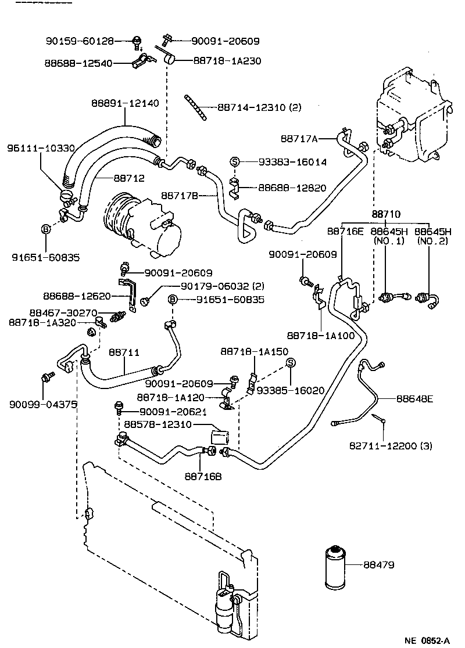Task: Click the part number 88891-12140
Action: click(124, 103)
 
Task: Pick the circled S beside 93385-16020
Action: click(291, 363)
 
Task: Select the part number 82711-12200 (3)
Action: click(391, 446)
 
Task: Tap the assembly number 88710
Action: click(385, 215)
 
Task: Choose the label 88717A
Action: click(299, 138)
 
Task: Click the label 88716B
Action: click(203, 477)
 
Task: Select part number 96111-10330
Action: click(41, 149)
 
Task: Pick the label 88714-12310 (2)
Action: click(259, 107)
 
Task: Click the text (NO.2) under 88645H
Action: click(429, 240)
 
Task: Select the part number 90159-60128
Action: click(80, 41)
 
